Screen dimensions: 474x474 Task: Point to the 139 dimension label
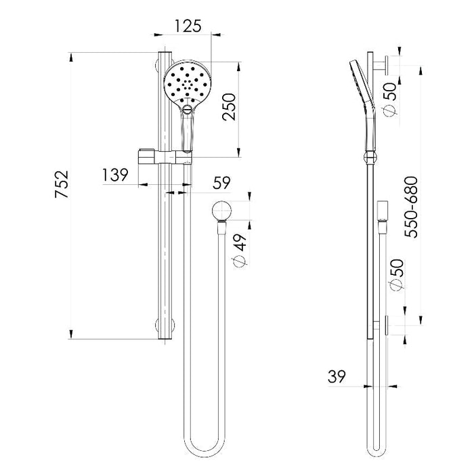point(116,175)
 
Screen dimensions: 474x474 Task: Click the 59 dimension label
point(222,182)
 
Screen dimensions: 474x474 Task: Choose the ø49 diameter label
point(240,250)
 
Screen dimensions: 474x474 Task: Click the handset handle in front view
point(188,129)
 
